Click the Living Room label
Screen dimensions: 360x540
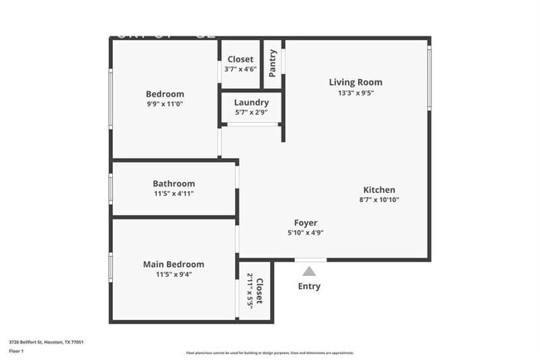356,82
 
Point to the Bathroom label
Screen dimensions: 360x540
174,184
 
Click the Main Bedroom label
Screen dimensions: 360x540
174,264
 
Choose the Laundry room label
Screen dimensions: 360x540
251,102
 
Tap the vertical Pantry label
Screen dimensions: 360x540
272,64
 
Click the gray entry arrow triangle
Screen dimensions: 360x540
309,270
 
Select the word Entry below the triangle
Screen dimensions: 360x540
309,287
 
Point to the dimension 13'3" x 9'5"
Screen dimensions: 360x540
356,94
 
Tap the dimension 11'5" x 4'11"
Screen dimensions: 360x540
174,195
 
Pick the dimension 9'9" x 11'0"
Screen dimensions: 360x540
164,106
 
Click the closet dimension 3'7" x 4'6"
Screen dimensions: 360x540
241,70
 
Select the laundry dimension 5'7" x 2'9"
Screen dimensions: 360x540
251,112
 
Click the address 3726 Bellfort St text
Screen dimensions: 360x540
47,342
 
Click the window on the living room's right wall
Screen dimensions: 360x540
429,76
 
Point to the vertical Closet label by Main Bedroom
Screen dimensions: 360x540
259,292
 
